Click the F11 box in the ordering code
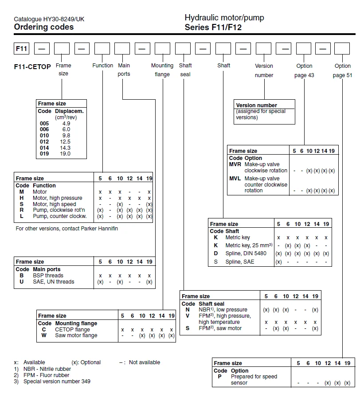pyautogui.click(x=22, y=48)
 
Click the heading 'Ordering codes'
pyautogui.click(x=43, y=27)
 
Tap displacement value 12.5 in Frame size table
pyautogui.click(x=66, y=142)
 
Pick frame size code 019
pyautogui.click(x=44, y=154)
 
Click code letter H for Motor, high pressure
pyautogui.click(x=22, y=198)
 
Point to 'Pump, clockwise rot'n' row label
pyautogui.click(x=59, y=210)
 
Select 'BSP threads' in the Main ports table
pyautogui.click(x=48, y=276)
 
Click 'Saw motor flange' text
pyautogui.click(x=76, y=335)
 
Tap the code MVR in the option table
pyautogui.click(x=235, y=164)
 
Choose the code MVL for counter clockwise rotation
pyautogui.click(x=235, y=179)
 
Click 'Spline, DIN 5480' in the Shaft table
pyautogui.click(x=246, y=253)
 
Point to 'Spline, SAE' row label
pyautogui.click(x=240, y=262)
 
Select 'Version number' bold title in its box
pyautogui.click(x=257, y=105)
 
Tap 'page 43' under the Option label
pyautogui.click(x=304, y=75)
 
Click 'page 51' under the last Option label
pyautogui.click(x=342, y=75)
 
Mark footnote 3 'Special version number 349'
pyautogui.click(x=57, y=381)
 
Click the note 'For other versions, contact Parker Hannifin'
pyautogui.click(x=67, y=229)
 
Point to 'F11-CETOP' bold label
pyautogui.click(x=33, y=66)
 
